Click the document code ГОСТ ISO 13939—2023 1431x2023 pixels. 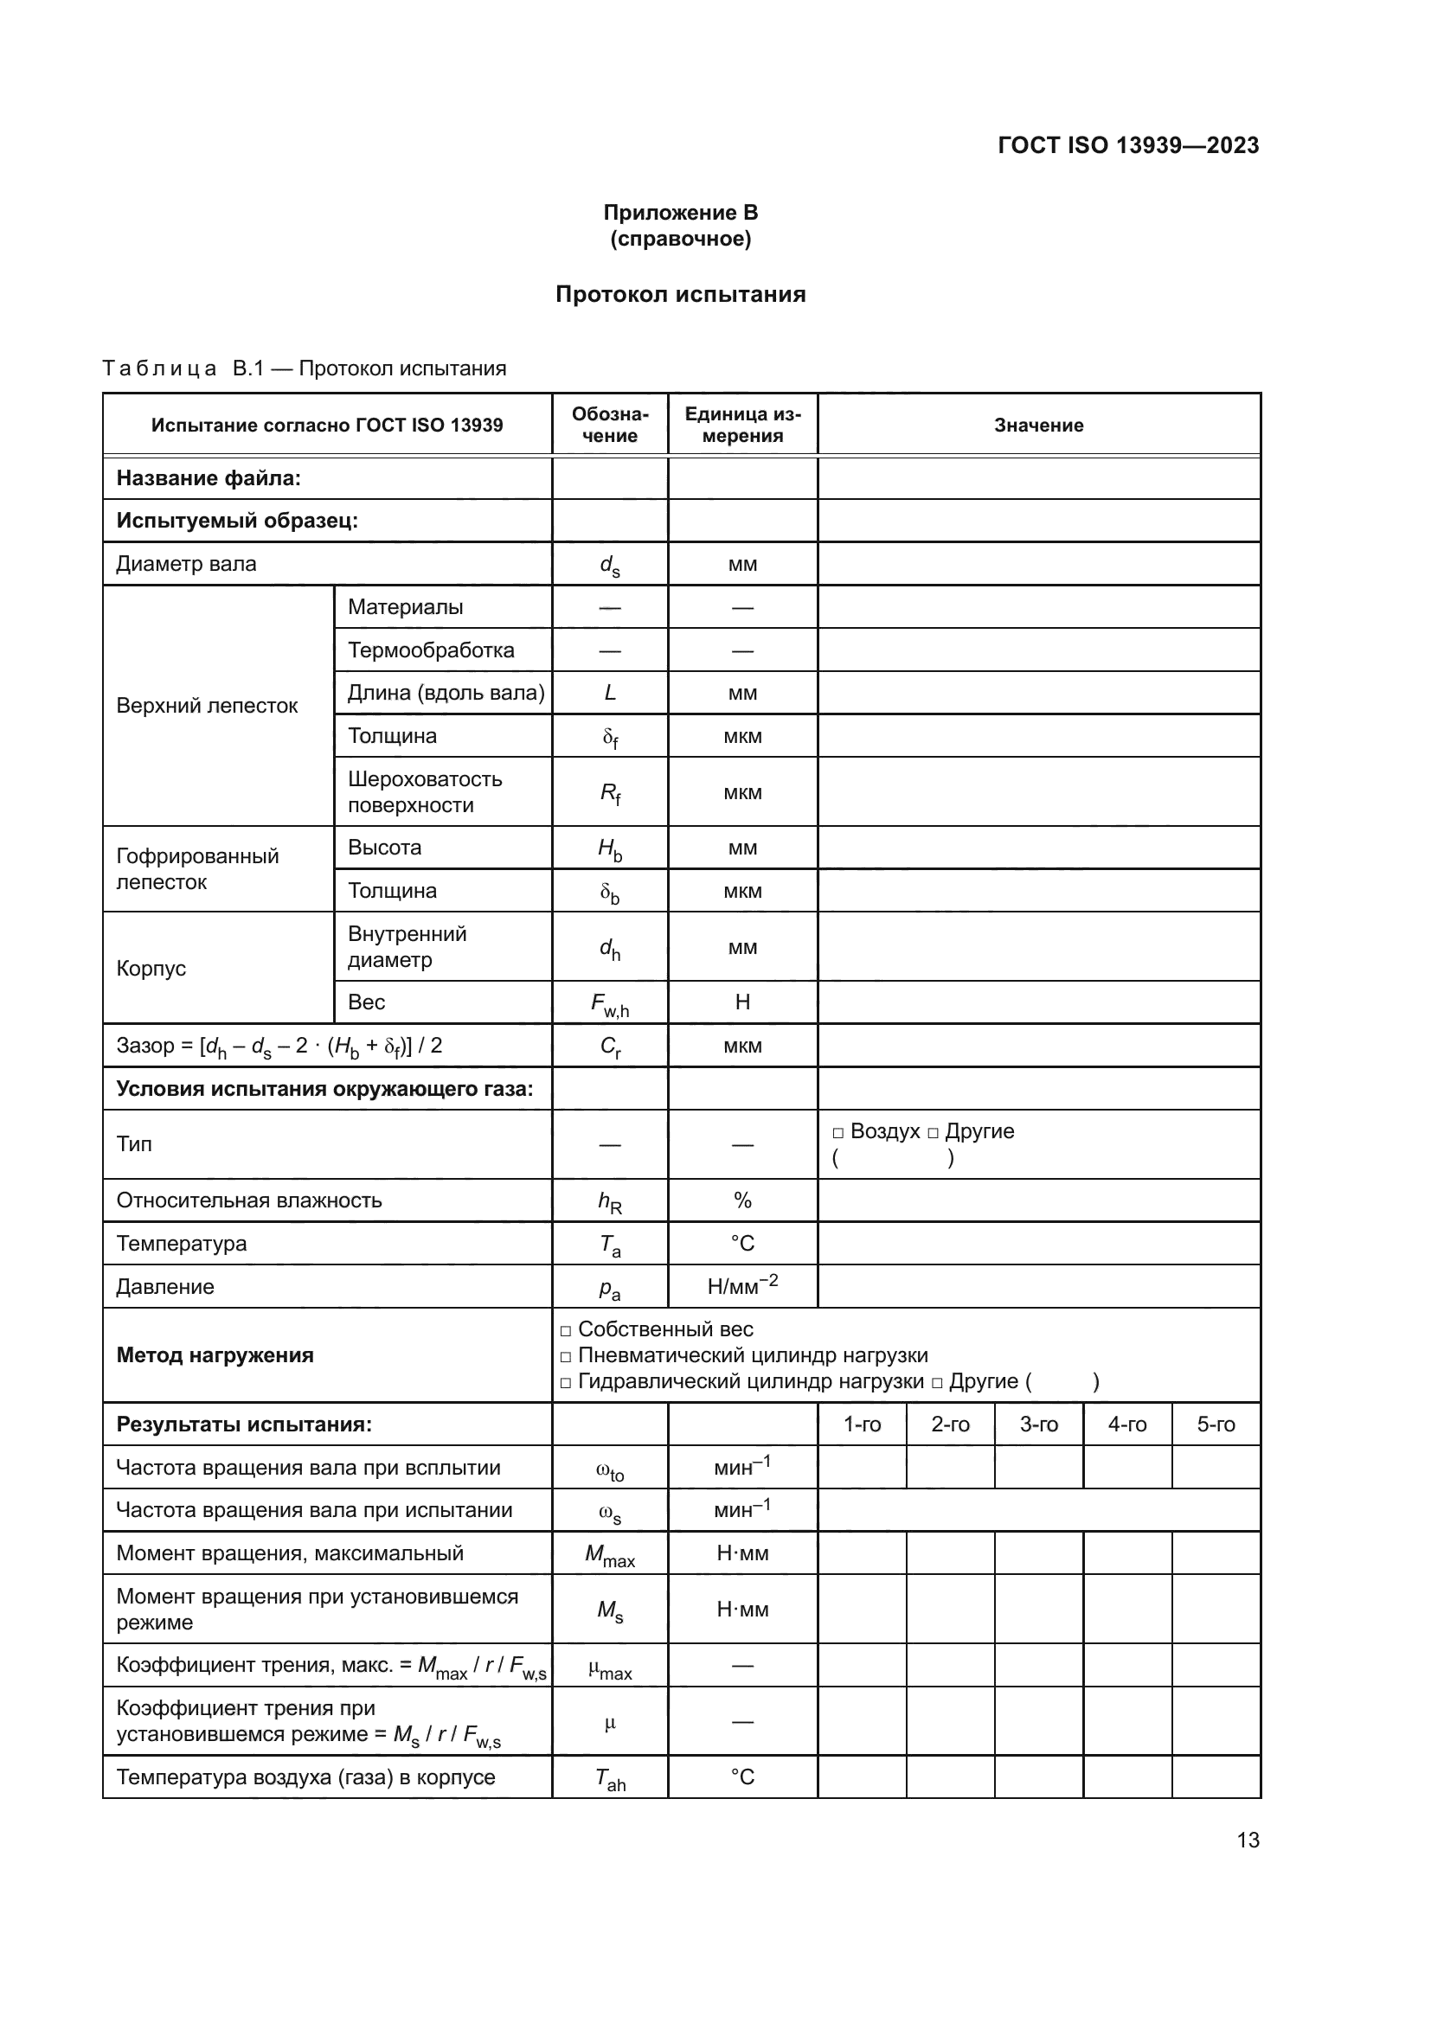(1128, 145)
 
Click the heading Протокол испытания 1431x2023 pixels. (680, 294)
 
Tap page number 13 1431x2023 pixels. (1248, 1840)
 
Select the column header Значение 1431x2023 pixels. (1038, 426)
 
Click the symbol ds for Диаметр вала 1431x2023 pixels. (610, 566)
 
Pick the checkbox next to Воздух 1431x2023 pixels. (838, 1133)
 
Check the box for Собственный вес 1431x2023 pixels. (566, 1331)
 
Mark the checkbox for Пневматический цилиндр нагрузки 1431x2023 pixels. (566, 1357)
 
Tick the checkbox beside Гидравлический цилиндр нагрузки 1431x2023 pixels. (566, 1383)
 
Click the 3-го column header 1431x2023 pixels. (1038, 1424)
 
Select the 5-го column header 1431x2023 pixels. (1215, 1424)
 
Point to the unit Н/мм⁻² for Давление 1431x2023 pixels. (742, 1286)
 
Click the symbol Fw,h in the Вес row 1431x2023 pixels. (610, 1003)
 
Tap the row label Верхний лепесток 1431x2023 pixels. (207, 706)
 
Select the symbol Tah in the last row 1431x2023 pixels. (610, 1779)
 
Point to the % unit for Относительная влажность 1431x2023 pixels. (742, 1201)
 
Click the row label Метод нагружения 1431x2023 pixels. (215, 1356)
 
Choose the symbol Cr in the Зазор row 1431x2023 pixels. (610, 1047)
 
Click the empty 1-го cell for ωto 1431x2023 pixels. (862, 1468)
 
